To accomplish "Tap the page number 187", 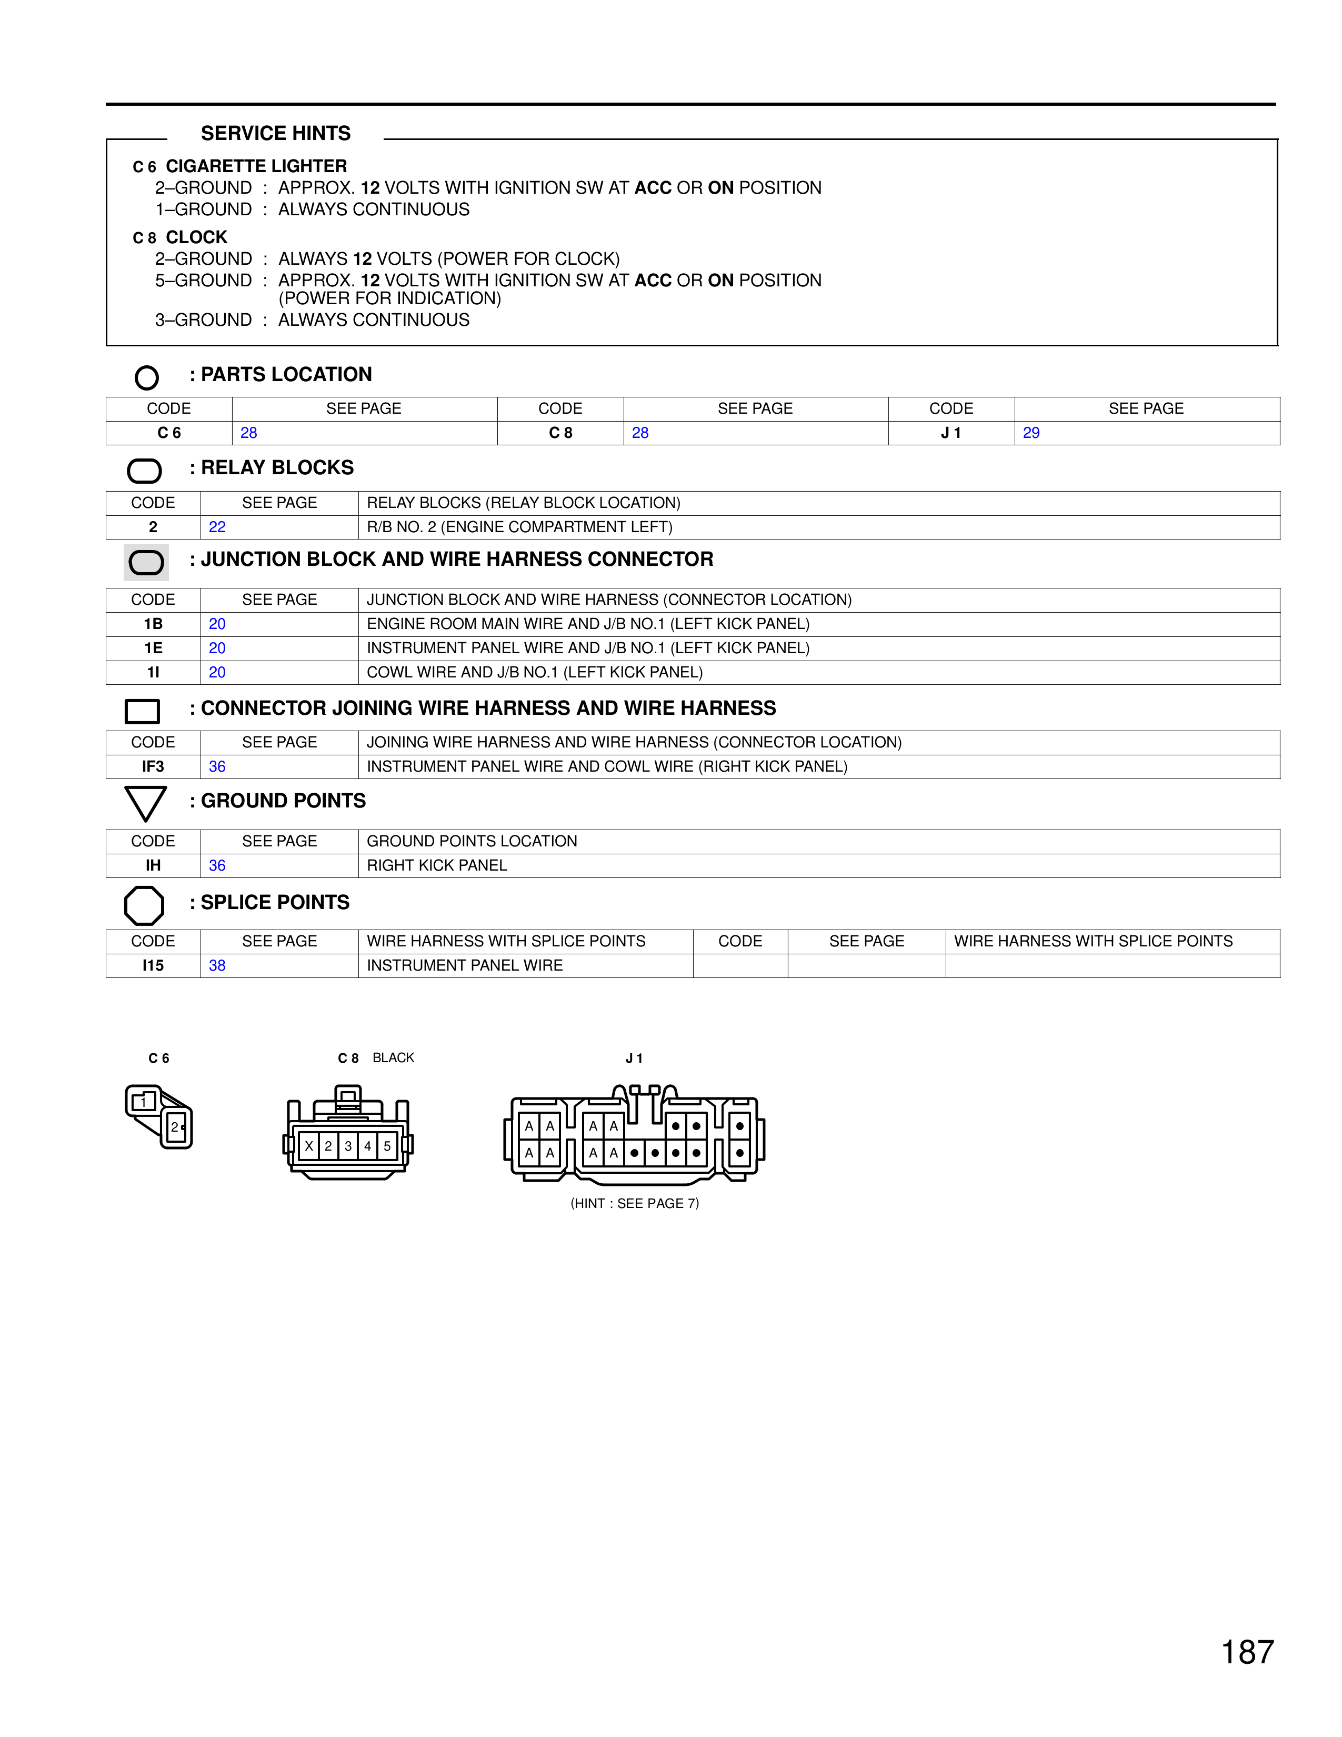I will [1247, 1652].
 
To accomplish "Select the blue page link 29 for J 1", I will [1030, 433].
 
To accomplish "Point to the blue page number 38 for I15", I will [217, 965].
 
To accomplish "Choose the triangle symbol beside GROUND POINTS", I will [145, 803].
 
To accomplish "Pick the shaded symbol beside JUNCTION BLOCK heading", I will [146, 562].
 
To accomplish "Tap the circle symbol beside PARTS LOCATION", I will [147, 377].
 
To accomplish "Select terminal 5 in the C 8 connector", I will [387, 1146].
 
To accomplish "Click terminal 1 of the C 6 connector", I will [143, 1102].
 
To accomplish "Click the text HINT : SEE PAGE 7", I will [635, 1203].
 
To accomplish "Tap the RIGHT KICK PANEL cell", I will [436, 865].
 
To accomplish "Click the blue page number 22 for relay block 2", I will [217, 526].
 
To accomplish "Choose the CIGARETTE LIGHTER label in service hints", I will [256, 166].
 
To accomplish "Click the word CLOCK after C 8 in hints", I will [196, 237].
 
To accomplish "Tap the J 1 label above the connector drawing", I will [634, 1058].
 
